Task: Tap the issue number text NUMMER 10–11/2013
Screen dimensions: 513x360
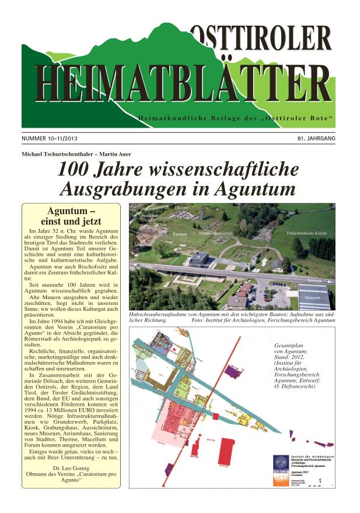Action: point(51,139)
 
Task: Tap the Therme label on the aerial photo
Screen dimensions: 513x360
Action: point(181,208)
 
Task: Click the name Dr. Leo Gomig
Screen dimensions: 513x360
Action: point(69,469)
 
